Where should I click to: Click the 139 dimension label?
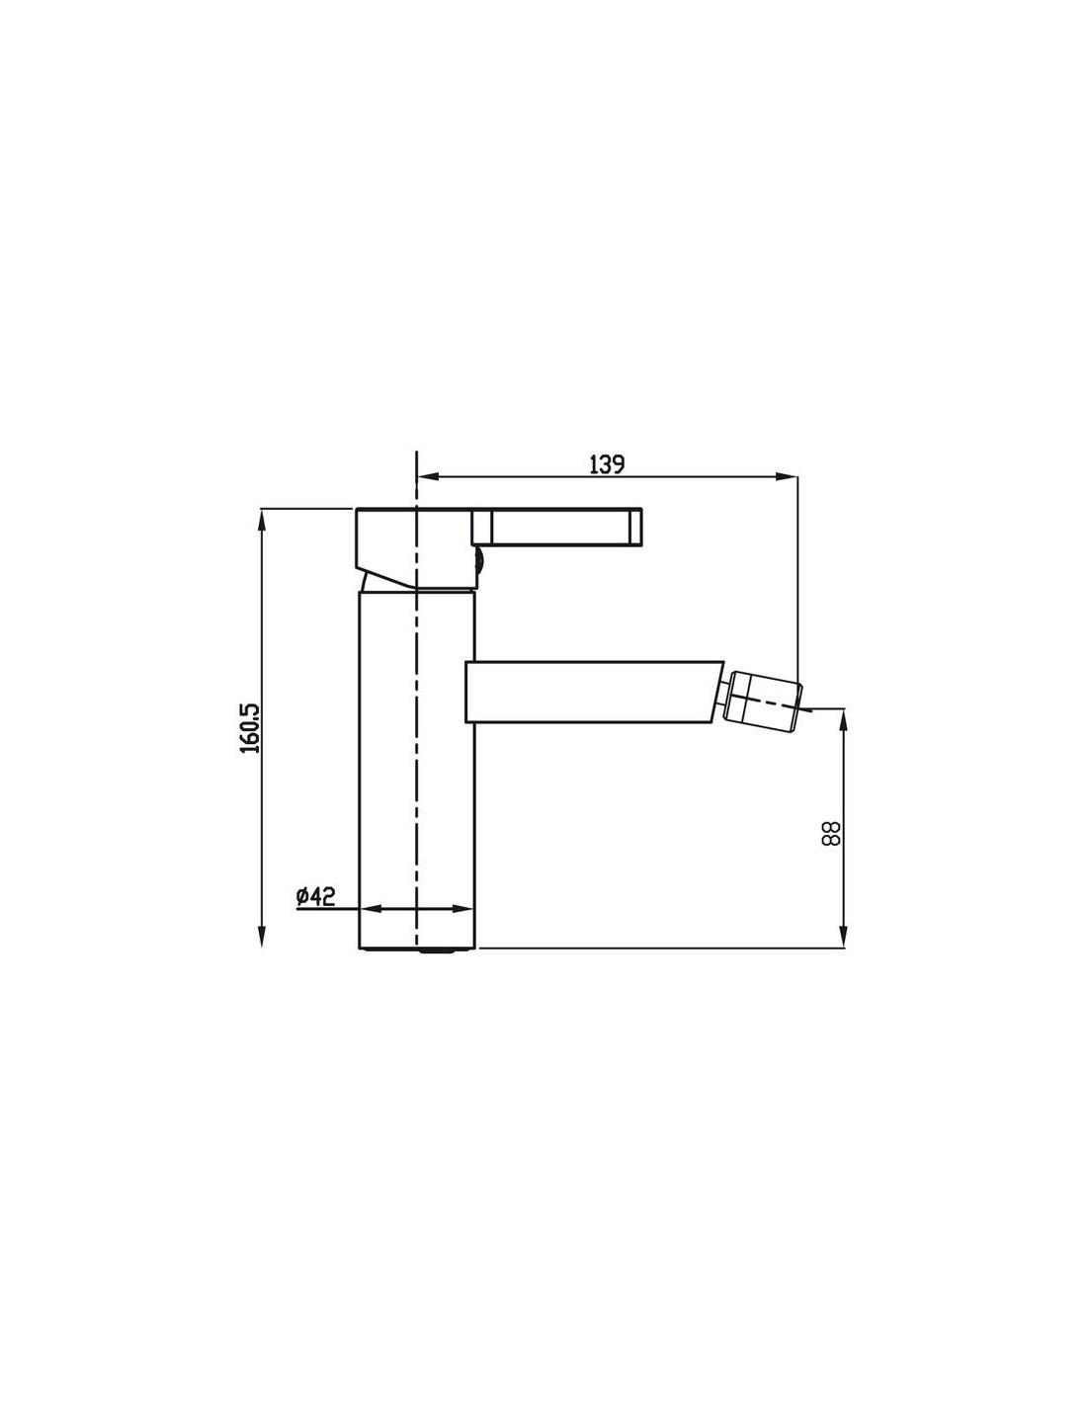pos(607,464)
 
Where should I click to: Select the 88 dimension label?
pos(830,834)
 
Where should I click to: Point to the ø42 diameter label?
pos(315,896)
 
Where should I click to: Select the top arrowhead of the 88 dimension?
pos(843,719)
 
